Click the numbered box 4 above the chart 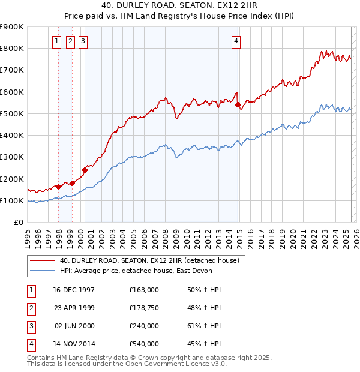tap(236, 41)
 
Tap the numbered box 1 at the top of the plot tap(56, 41)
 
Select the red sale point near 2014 tap(238, 105)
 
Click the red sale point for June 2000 tap(85, 170)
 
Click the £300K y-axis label tap(12, 157)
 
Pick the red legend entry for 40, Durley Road tap(149, 260)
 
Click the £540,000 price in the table tap(144, 344)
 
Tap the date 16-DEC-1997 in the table tap(74, 290)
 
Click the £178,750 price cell tap(144, 308)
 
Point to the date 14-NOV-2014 tap(74, 344)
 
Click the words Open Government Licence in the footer tap(169, 364)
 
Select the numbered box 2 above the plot tap(70, 41)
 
